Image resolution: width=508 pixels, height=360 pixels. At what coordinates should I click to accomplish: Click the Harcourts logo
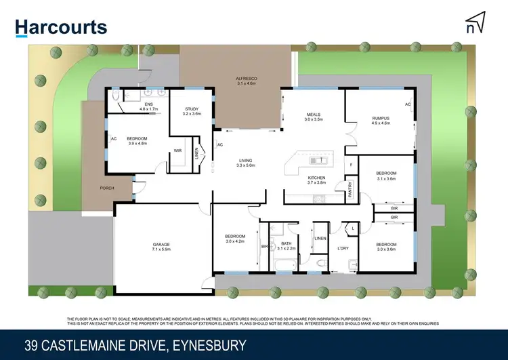(x=62, y=27)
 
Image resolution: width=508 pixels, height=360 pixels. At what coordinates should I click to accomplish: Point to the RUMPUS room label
(x=381, y=119)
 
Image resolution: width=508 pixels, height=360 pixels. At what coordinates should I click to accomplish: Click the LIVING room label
(x=245, y=160)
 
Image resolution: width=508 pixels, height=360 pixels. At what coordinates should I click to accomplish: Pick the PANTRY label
(x=350, y=188)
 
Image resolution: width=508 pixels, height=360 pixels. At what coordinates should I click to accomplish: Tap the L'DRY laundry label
(x=343, y=249)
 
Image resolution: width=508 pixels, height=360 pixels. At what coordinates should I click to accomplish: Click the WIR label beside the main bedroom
(x=177, y=151)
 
